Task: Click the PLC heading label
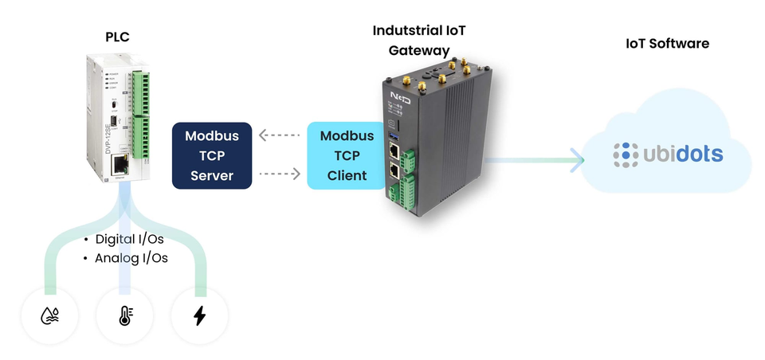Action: [117, 37]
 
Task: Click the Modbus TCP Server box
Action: [212, 155]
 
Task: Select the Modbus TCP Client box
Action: [347, 155]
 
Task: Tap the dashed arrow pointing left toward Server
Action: [279, 135]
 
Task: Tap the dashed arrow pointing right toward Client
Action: [280, 172]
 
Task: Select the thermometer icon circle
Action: [124, 316]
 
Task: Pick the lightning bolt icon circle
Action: [199, 316]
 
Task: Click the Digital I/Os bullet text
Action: [129, 240]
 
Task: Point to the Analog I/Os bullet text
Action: [131, 258]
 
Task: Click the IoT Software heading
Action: [667, 43]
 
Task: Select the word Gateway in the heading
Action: [419, 50]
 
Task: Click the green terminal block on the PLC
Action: [142, 115]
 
